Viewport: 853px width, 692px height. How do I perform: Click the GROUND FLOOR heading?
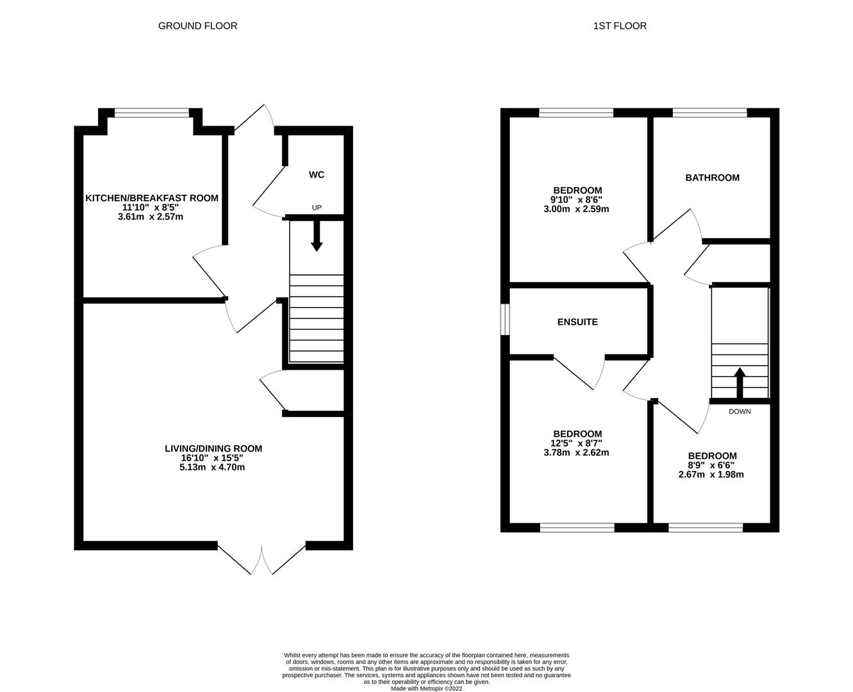pos(197,26)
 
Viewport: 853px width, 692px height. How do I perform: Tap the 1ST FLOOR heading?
pos(620,26)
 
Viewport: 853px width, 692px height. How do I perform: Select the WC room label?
pos(317,174)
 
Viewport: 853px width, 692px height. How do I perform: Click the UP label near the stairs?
pos(317,208)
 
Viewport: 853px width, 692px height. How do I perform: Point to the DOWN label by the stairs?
pos(740,411)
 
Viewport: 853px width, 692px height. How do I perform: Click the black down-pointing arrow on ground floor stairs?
pos(317,236)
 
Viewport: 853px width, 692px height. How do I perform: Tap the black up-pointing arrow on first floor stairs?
pos(740,383)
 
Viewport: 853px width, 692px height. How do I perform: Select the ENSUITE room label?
pos(577,322)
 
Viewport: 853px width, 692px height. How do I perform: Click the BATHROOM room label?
pos(713,177)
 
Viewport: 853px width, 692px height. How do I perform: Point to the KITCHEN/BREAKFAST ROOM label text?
pos(152,198)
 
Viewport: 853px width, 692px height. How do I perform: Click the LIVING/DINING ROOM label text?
pos(213,449)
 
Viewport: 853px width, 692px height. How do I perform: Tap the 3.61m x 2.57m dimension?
pos(151,217)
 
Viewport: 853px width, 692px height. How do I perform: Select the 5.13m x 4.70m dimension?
pos(212,467)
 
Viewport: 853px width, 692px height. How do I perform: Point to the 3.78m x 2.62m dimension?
pos(576,452)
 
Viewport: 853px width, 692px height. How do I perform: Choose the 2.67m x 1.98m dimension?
pos(711,475)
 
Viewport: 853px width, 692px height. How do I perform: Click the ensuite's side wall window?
pos(506,319)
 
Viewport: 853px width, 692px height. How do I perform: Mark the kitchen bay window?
pos(152,113)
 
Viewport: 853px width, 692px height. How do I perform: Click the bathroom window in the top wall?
pos(709,113)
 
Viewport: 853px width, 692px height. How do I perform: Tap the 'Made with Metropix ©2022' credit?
pos(427,689)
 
